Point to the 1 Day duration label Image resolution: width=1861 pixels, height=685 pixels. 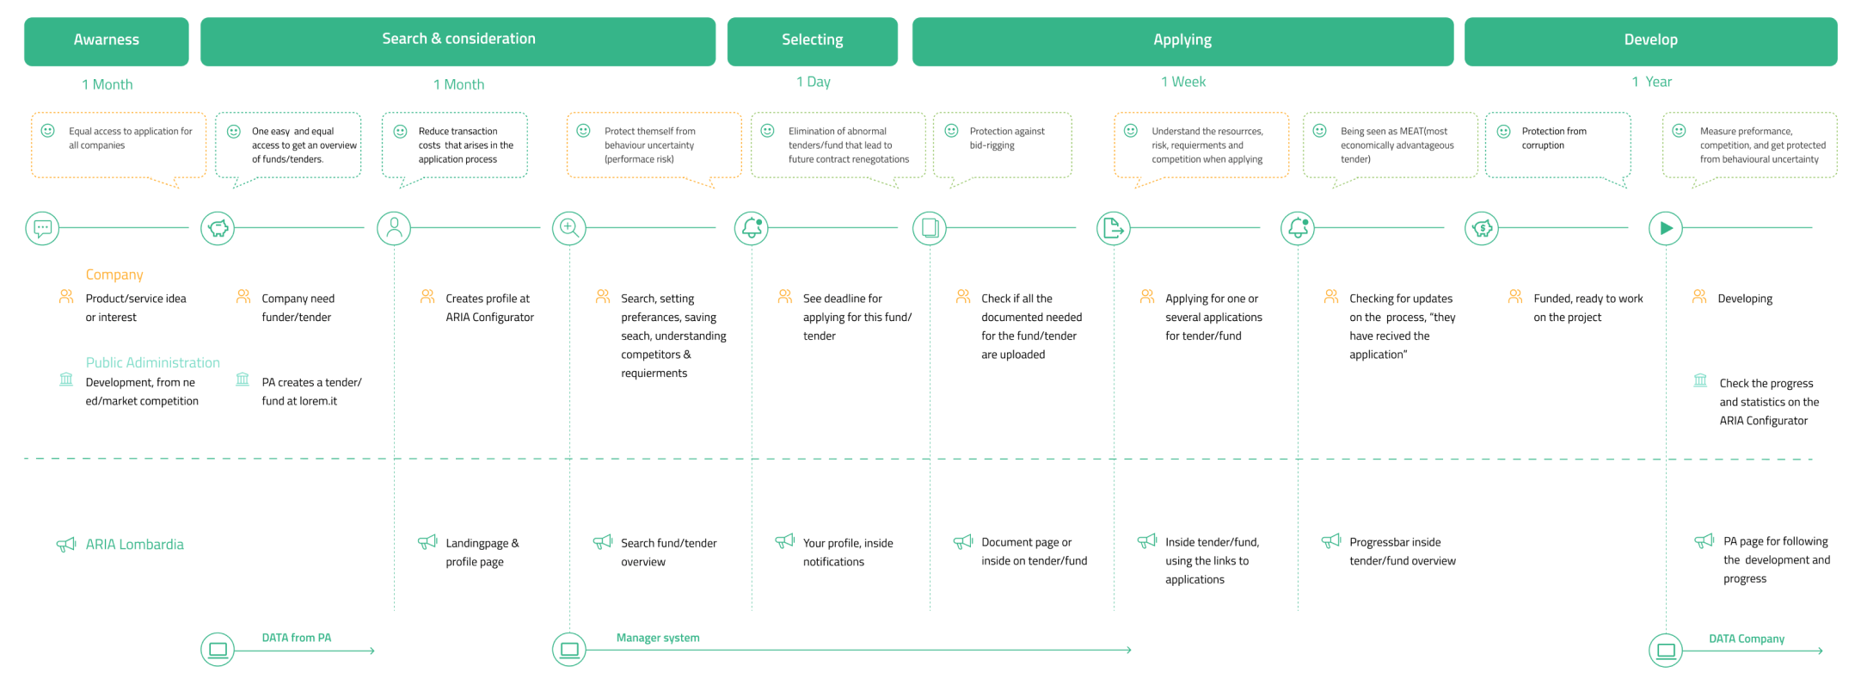tap(814, 82)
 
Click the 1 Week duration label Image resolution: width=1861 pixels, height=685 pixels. tap(1183, 82)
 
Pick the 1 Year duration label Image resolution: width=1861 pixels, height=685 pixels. tap(1652, 82)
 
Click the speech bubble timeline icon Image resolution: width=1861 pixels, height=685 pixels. tap(42, 229)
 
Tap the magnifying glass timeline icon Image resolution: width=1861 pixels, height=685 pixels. tap(569, 229)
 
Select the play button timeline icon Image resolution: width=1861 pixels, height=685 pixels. tap(1666, 229)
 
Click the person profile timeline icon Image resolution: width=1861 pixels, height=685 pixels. tap(394, 229)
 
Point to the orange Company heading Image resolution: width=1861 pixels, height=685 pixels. tap(114, 275)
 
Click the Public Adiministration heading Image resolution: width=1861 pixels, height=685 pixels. tap(153, 362)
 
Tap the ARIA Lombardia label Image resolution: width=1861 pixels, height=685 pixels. tap(135, 544)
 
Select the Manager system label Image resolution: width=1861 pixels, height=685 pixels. tap(658, 638)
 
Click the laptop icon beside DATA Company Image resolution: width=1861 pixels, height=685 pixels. tap(1666, 651)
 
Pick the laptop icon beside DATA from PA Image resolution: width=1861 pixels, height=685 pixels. tap(218, 650)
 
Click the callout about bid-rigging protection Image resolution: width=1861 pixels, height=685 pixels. tap(1003, 146)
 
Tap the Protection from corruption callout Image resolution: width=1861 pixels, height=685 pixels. tap(1558, 146)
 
